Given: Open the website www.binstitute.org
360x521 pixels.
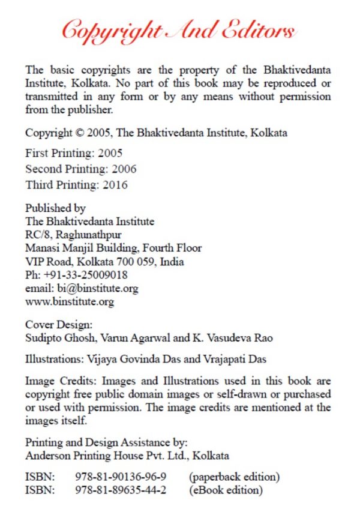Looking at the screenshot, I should point(69,301).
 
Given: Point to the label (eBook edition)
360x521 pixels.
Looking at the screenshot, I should point(226,490).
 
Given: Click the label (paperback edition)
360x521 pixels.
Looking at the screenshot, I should point(234,477).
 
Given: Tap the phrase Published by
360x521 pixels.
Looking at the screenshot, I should point(55,208).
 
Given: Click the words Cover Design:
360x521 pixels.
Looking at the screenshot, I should point(59,325).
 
